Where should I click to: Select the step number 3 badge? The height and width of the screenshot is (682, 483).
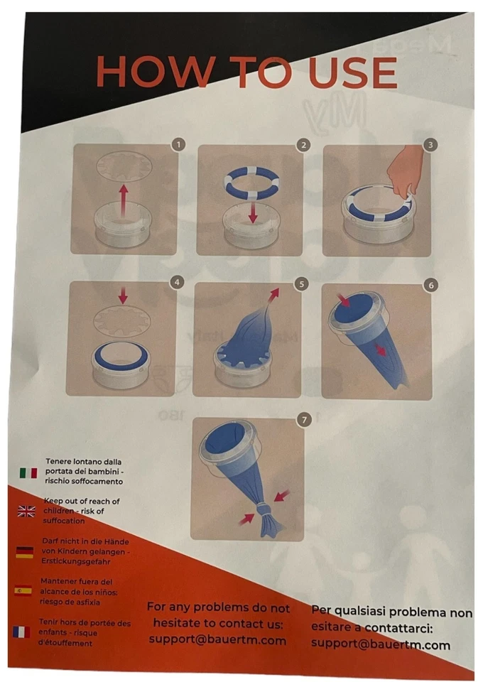tap(430, 144)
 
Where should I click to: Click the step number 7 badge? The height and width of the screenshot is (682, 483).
tap(305, 420)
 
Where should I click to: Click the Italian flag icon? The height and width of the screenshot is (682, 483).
tap(28, 472)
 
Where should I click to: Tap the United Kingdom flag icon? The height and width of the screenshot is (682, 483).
tap(26, 511)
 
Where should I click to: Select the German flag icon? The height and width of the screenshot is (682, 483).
tap(24, 552)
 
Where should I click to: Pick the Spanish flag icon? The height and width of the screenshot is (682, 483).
tap(23, 590)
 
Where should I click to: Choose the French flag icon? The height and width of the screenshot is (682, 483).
tap(21, 632)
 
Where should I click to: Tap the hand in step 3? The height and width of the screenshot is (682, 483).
tap(406, 171)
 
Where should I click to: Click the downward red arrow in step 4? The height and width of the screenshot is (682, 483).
tap(123, 295)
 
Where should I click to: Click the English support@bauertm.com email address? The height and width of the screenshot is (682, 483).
tap(217, 640)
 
